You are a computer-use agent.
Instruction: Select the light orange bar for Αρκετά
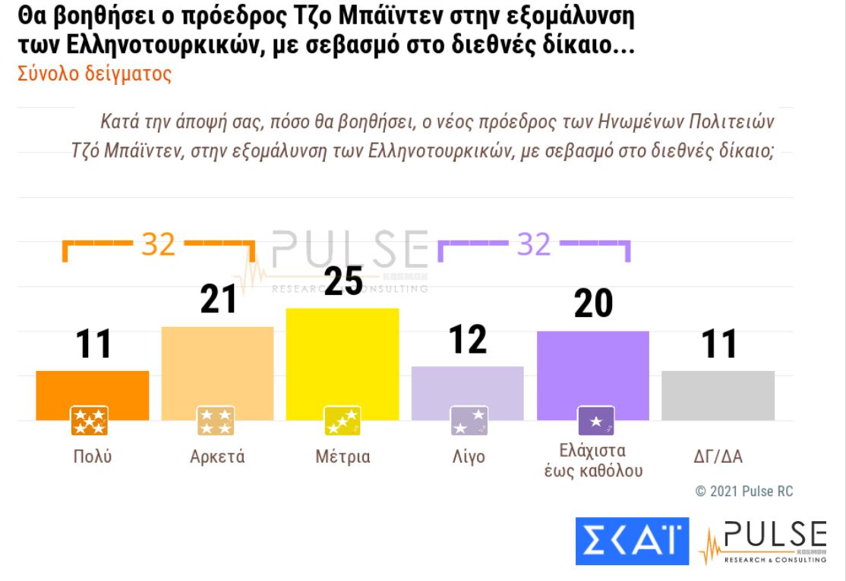pos(217,368)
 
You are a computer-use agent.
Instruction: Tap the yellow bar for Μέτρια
pos(343,356)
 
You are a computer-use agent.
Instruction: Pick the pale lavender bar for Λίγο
pos(467,386)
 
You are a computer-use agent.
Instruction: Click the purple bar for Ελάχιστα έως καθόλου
pos(592,369)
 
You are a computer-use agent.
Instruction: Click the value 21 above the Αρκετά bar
pos(219,300)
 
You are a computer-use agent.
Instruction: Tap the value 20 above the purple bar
pos(592,304)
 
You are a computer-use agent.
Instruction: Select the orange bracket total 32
pos(158,245)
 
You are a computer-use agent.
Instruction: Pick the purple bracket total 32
pos(534,245)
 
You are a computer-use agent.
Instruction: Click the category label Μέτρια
pos(343,457)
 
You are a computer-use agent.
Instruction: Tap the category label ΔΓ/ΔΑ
pos(718,457)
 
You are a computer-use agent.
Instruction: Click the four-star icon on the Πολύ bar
pos(90,421)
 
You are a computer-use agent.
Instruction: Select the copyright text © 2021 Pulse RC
pos(744,491)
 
